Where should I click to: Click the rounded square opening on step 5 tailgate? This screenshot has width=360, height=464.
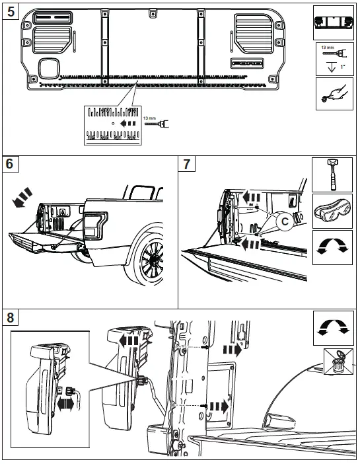click(49, 66)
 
